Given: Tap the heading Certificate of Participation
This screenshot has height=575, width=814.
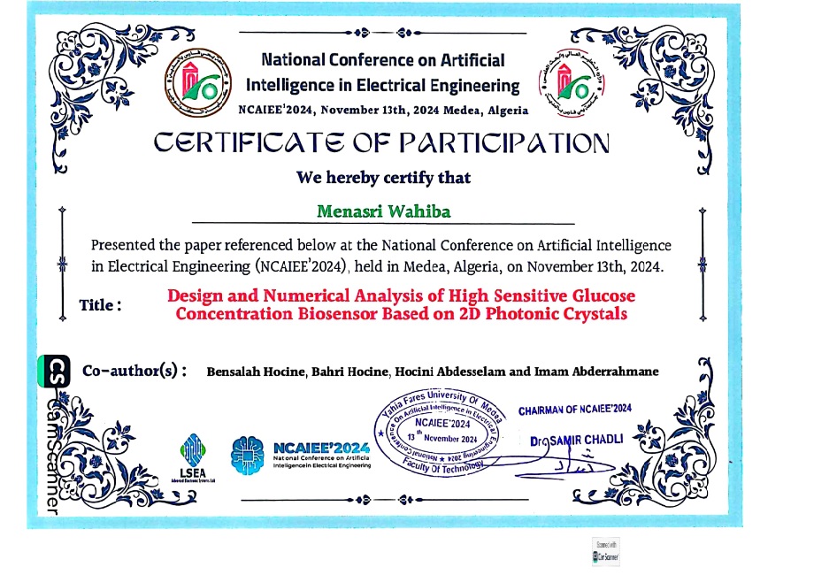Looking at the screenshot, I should (x=382, y=142).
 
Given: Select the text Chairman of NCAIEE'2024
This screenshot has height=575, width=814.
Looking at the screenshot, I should (x=575, y=410).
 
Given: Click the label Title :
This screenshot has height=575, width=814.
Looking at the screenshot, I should (x=100, y=304).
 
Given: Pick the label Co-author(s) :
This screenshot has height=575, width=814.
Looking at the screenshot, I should (x=134, y=371).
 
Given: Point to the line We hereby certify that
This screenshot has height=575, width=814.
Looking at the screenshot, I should (x=383, y=177).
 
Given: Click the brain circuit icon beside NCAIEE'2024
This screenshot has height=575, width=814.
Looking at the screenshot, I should (x=247, y=452).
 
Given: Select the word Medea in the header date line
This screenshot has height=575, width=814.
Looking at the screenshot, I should (x=460, y=111).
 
